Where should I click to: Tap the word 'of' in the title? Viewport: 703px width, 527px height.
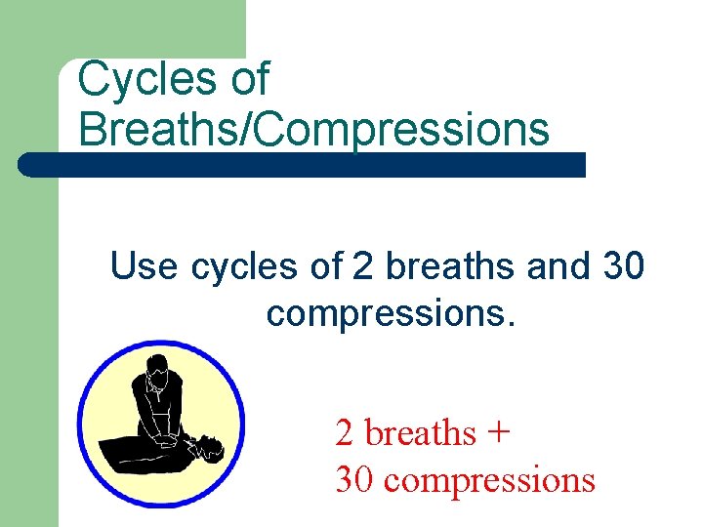[x=249, y=79]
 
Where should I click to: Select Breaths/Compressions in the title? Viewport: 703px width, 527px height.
[x=313, y=129]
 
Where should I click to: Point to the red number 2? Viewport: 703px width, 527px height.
[x=345, y=432]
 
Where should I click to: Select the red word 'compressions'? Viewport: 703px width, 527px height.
[x=489, y=479]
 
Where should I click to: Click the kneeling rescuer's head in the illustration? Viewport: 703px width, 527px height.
[x=157, y=371]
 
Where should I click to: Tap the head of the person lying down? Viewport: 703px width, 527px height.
[x=209, y=448]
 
